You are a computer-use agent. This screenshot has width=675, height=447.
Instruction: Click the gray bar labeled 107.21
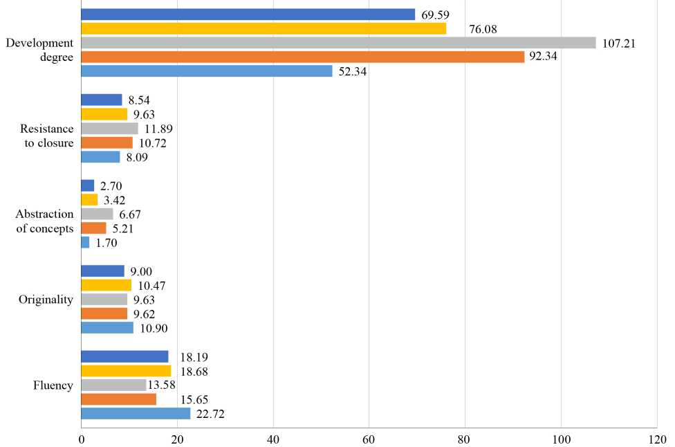[x=338, y=43]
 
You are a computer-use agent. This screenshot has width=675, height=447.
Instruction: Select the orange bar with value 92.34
[x=302, y=57]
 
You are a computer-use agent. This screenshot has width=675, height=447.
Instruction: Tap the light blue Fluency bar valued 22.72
[x=136, y=414]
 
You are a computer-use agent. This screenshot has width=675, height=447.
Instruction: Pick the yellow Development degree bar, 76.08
[x=263, y=28]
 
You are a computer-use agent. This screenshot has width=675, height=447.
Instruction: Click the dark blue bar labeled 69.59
[x=248, y=15]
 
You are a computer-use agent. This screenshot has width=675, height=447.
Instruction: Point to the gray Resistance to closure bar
[x=109, y=128]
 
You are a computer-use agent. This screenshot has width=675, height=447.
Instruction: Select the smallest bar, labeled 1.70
[x=85, y=242]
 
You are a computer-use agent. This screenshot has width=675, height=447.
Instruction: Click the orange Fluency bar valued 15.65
[x=118, y=399]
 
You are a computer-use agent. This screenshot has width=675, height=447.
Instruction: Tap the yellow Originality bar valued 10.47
[x=106, y=285]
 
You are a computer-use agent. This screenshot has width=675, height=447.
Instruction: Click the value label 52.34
[x=353, y=71]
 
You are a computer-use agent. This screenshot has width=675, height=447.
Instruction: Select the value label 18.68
[x=194, y=372]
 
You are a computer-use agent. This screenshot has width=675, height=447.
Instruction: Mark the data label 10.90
[x=154, y=328]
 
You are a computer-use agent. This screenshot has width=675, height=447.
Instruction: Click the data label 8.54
[x=143, y=100]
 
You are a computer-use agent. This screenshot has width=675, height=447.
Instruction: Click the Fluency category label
[x=53, y=385]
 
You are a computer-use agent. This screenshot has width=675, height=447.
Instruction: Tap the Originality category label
[x=46, y=300]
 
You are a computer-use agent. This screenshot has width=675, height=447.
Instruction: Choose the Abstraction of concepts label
[x=45, y=221]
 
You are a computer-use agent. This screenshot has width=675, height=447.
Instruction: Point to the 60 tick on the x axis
[x=369, y=439]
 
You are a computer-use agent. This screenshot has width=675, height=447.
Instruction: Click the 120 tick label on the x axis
[x=656, y=439]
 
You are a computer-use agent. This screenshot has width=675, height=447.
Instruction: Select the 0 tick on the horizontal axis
[x=82, y=439]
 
